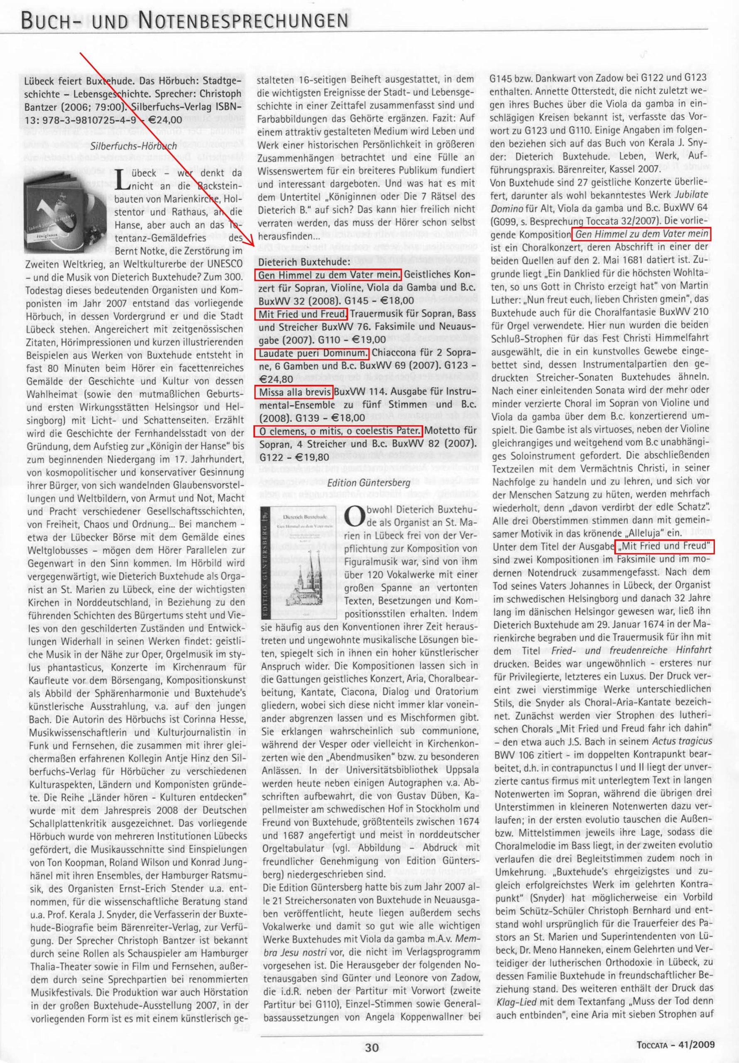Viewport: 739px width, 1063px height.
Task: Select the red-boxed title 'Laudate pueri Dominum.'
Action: pos(312,354)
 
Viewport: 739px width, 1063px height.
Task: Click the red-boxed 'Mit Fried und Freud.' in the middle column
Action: pos(301,314)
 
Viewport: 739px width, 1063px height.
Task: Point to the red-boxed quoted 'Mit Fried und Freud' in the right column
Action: pos(664,546)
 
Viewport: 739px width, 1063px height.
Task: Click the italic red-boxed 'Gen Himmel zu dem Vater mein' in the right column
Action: pos(641,234)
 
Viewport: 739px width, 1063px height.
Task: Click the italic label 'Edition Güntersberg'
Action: pos(369,483)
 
